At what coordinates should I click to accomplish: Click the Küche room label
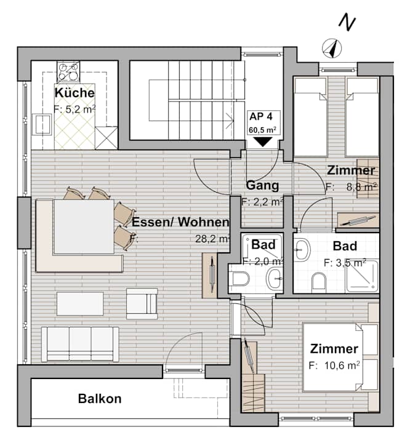tap(74, 93)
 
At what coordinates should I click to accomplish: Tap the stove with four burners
tap(68, 72)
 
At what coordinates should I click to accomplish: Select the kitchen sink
tap(42, 124)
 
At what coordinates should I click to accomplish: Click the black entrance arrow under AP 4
tap(263, 142)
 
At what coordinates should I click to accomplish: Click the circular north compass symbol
tap(332, 49)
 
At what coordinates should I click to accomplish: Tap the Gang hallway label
tap(262, 185)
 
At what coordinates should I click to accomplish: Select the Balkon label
tap(100, 399)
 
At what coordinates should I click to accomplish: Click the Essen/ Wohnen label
tap(180, 222)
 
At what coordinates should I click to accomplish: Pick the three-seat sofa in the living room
tap(80, 344)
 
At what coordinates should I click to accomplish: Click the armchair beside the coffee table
tap(142, 304)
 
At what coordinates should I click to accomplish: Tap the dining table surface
tap(84, 226)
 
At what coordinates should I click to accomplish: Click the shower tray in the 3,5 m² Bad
tap(362, 276)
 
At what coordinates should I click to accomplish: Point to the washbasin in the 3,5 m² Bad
tap(302, 250)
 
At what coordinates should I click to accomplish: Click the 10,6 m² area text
tap(334, 365)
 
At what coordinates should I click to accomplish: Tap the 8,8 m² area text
tap(351, 187)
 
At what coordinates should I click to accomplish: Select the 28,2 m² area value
tap(212, 239)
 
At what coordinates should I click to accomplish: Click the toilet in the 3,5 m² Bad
tap(319, 282)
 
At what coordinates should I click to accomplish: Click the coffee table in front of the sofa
tap(80, 304)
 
